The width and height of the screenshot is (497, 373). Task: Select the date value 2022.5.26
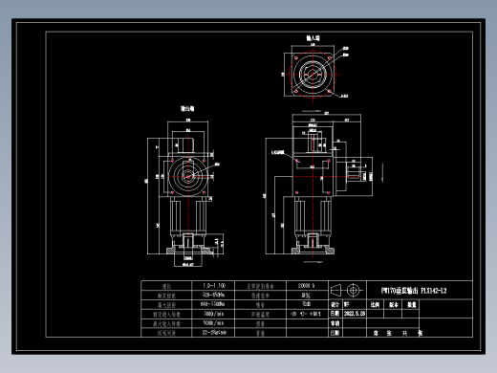(355, 313)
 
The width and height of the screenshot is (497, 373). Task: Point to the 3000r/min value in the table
(214, 313)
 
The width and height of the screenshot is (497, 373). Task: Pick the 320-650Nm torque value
(214, 295)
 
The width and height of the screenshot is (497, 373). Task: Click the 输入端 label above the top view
(312, 39)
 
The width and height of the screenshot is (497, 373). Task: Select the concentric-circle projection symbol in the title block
(357, 289)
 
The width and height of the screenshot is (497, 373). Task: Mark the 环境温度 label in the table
(261, 313)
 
